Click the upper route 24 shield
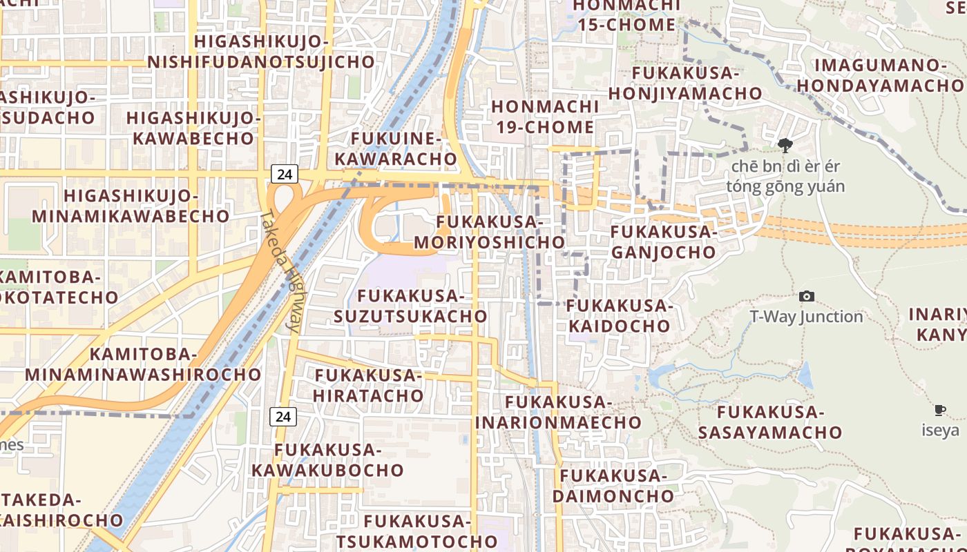pos(285,174)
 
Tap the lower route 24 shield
pos(283,417)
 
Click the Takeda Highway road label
pos(282,272)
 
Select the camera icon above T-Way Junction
pos(806,297)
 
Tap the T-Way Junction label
pos(806,317)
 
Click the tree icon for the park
pos(785,146)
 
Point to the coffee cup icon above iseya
pos(940,411)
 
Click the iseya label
pos(940,431)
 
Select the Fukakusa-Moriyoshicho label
pos(490,233)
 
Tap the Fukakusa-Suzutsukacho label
pos(411,306)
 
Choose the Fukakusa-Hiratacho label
pos(368,386)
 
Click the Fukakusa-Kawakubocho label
pos(327,460)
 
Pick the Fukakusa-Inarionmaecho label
pos(559,412)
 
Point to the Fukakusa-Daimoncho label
pos(613,486)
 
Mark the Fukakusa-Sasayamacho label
pos(770,422)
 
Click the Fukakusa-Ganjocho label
pos(664,242)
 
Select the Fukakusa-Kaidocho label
pos(620,315)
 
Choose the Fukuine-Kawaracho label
pos(396,149)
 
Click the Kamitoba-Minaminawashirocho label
pos(144,365)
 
